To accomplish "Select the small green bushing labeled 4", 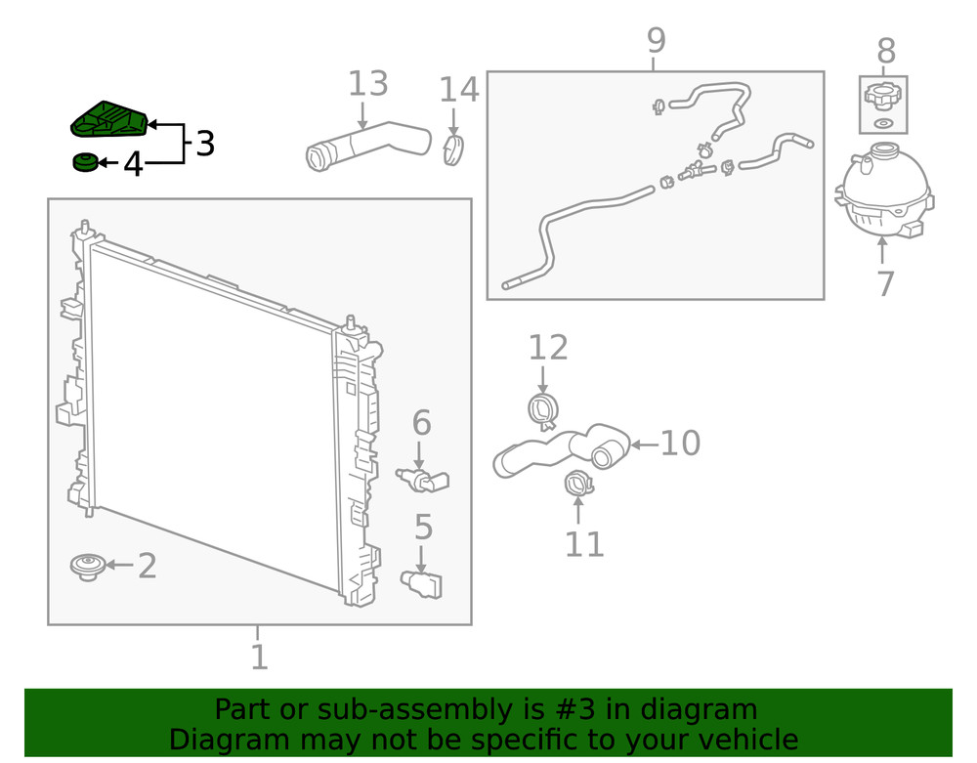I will (x=85, y=162).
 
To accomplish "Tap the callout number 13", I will (x=367, y=85).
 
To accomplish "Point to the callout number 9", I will (x=656, y=41).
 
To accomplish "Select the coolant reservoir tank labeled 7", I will (x=882, y=193).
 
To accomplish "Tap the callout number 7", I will (x=884, y=283).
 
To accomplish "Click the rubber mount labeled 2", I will (x=89, y=566).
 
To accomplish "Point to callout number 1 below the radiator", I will (x=258, y=657).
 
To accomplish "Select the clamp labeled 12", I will (x=543, y=409).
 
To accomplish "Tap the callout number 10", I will (x=680, y=444).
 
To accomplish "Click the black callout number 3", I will (x=204, y=145).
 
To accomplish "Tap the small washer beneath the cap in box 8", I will (x=883, y=123).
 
